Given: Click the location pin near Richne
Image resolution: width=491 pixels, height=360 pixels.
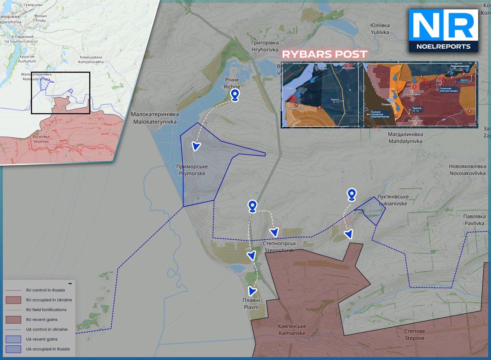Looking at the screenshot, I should coord(234,95).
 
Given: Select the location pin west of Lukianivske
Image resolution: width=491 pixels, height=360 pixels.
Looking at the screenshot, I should coord(351,195).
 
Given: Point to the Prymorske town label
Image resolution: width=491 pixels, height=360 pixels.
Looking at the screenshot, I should coord(192,170).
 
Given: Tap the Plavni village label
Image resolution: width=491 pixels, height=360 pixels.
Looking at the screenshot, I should coord(250,304).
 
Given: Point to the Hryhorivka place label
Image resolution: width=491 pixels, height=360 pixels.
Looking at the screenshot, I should coord(265,46).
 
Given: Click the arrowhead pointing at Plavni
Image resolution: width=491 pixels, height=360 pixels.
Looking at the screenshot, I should coord(252,291).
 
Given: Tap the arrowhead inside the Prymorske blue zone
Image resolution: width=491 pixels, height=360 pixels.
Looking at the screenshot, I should coord(196,146).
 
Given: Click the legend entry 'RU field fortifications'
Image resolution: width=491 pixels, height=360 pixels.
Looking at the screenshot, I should coord(46,310).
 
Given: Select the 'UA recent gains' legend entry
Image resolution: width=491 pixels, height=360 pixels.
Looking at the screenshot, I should coord(42,339).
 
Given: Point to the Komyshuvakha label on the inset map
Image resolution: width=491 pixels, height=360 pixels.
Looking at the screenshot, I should coord(91,60).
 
